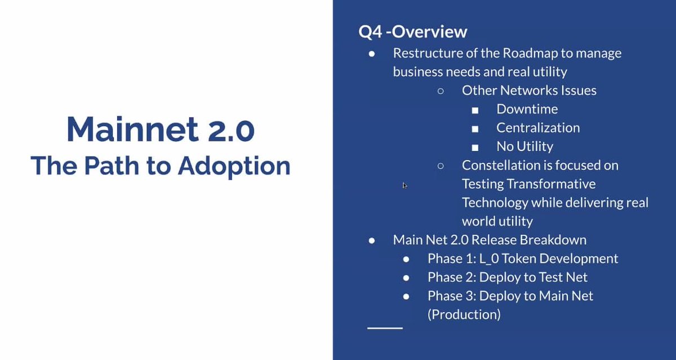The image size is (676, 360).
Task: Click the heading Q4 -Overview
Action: click(x=412, y=32)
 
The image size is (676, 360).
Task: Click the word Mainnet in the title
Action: click(x=132, y=129)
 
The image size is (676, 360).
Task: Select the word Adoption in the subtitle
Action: click(x=234, y=166)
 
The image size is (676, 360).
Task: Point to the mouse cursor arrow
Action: click(x=404, y=185)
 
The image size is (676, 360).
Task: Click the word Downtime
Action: click(x=527, y=109)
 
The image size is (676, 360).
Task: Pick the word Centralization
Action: click(x=538, y=128)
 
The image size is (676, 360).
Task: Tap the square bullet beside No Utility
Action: click(x=475, y=148)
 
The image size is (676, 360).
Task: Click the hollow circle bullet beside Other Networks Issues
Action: click(x=441, y=91)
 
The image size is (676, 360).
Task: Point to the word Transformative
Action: click(x=551, y=184)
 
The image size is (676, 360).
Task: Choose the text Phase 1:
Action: click(x=452, y=259)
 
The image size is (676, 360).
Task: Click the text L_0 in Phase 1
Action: click(x=489, y=259)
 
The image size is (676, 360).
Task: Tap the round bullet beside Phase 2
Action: click(x=406, y=278)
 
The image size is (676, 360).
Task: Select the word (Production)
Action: click(x=464, y=314)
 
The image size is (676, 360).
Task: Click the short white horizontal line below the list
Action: click(x=385, y=328)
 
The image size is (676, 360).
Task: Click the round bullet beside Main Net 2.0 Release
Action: click(x=372, y=241)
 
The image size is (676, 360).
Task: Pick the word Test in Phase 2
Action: click(x=550, y=277)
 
